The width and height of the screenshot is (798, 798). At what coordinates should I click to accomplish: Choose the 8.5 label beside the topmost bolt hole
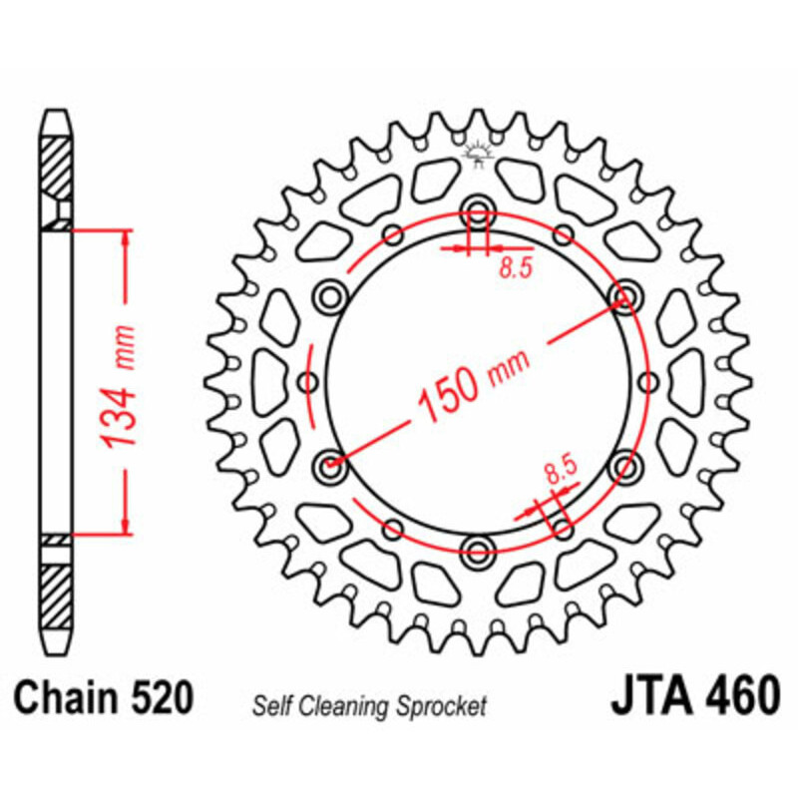pyautogui.click(x=510, y=267)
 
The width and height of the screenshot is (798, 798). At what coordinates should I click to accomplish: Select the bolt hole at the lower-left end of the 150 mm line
pyautogui.click(x=329, y=464)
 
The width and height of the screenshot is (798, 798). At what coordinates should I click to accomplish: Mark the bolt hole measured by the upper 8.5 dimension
pyautogui.click(x=478, y=211)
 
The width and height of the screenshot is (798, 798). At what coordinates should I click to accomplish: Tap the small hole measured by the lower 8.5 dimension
pyautogui.click(x=560, y=525)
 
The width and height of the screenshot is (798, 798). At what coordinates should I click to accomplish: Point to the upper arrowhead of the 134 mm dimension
pyautogui.click(x=125, y=235)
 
